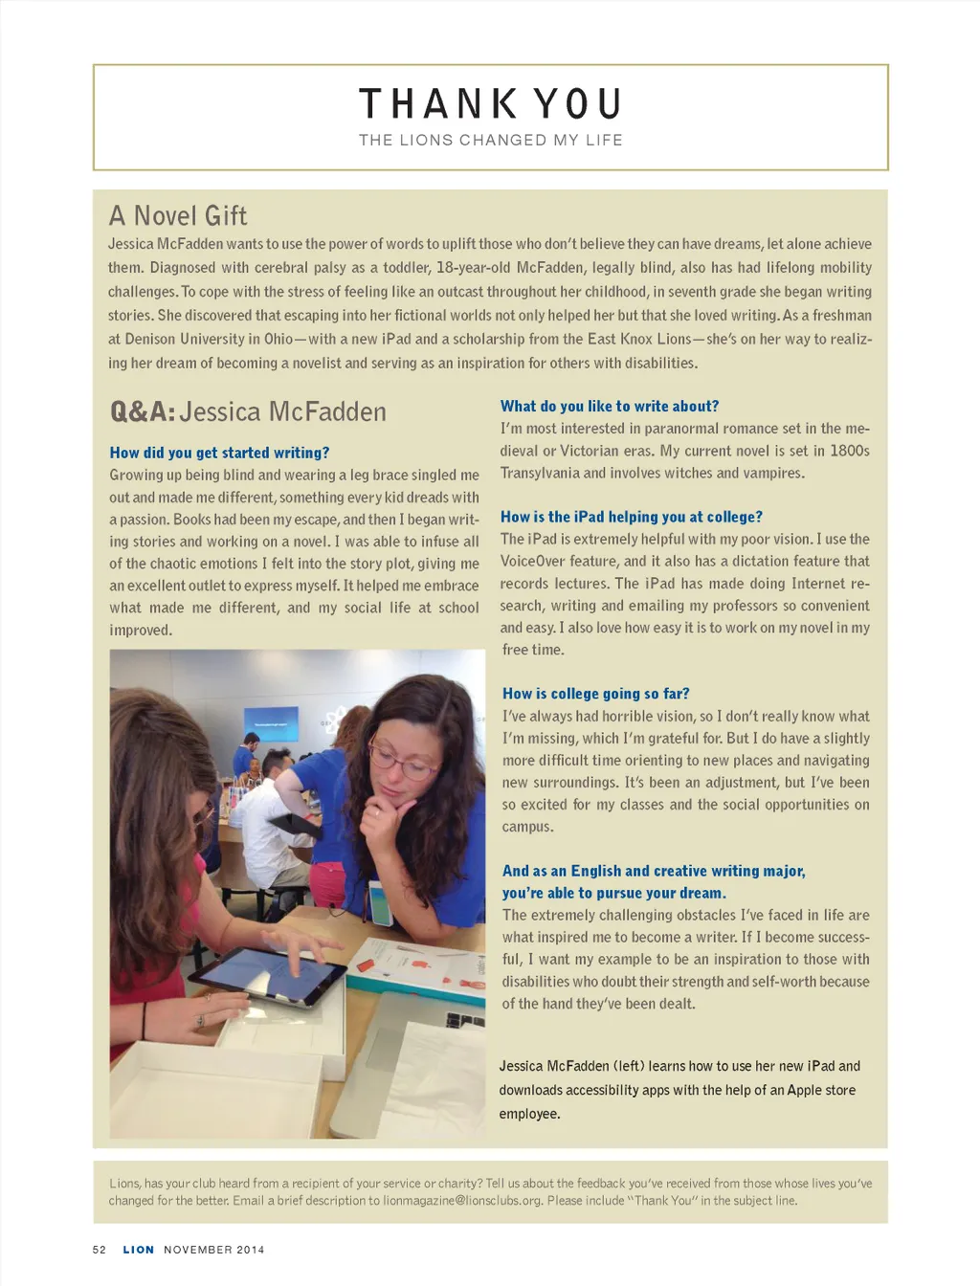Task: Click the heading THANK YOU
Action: click(490, 103)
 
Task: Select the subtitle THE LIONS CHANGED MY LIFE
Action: click(490, 140)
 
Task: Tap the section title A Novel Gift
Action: click(178, 215)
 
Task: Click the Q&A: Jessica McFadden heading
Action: click(248, 412)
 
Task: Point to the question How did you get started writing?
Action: click(219, 453)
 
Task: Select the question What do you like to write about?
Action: click(609, 406)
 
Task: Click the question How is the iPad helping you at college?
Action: click(631, 517)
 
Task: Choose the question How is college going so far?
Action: click(595, 694)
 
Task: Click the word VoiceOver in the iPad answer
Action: click(534, 562)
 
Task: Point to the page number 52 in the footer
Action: click(100, 1250)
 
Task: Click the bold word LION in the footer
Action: click(138, 1250)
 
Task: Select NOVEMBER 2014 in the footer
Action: click(213, 1250)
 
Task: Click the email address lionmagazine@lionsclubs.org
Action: click(461, 1201)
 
